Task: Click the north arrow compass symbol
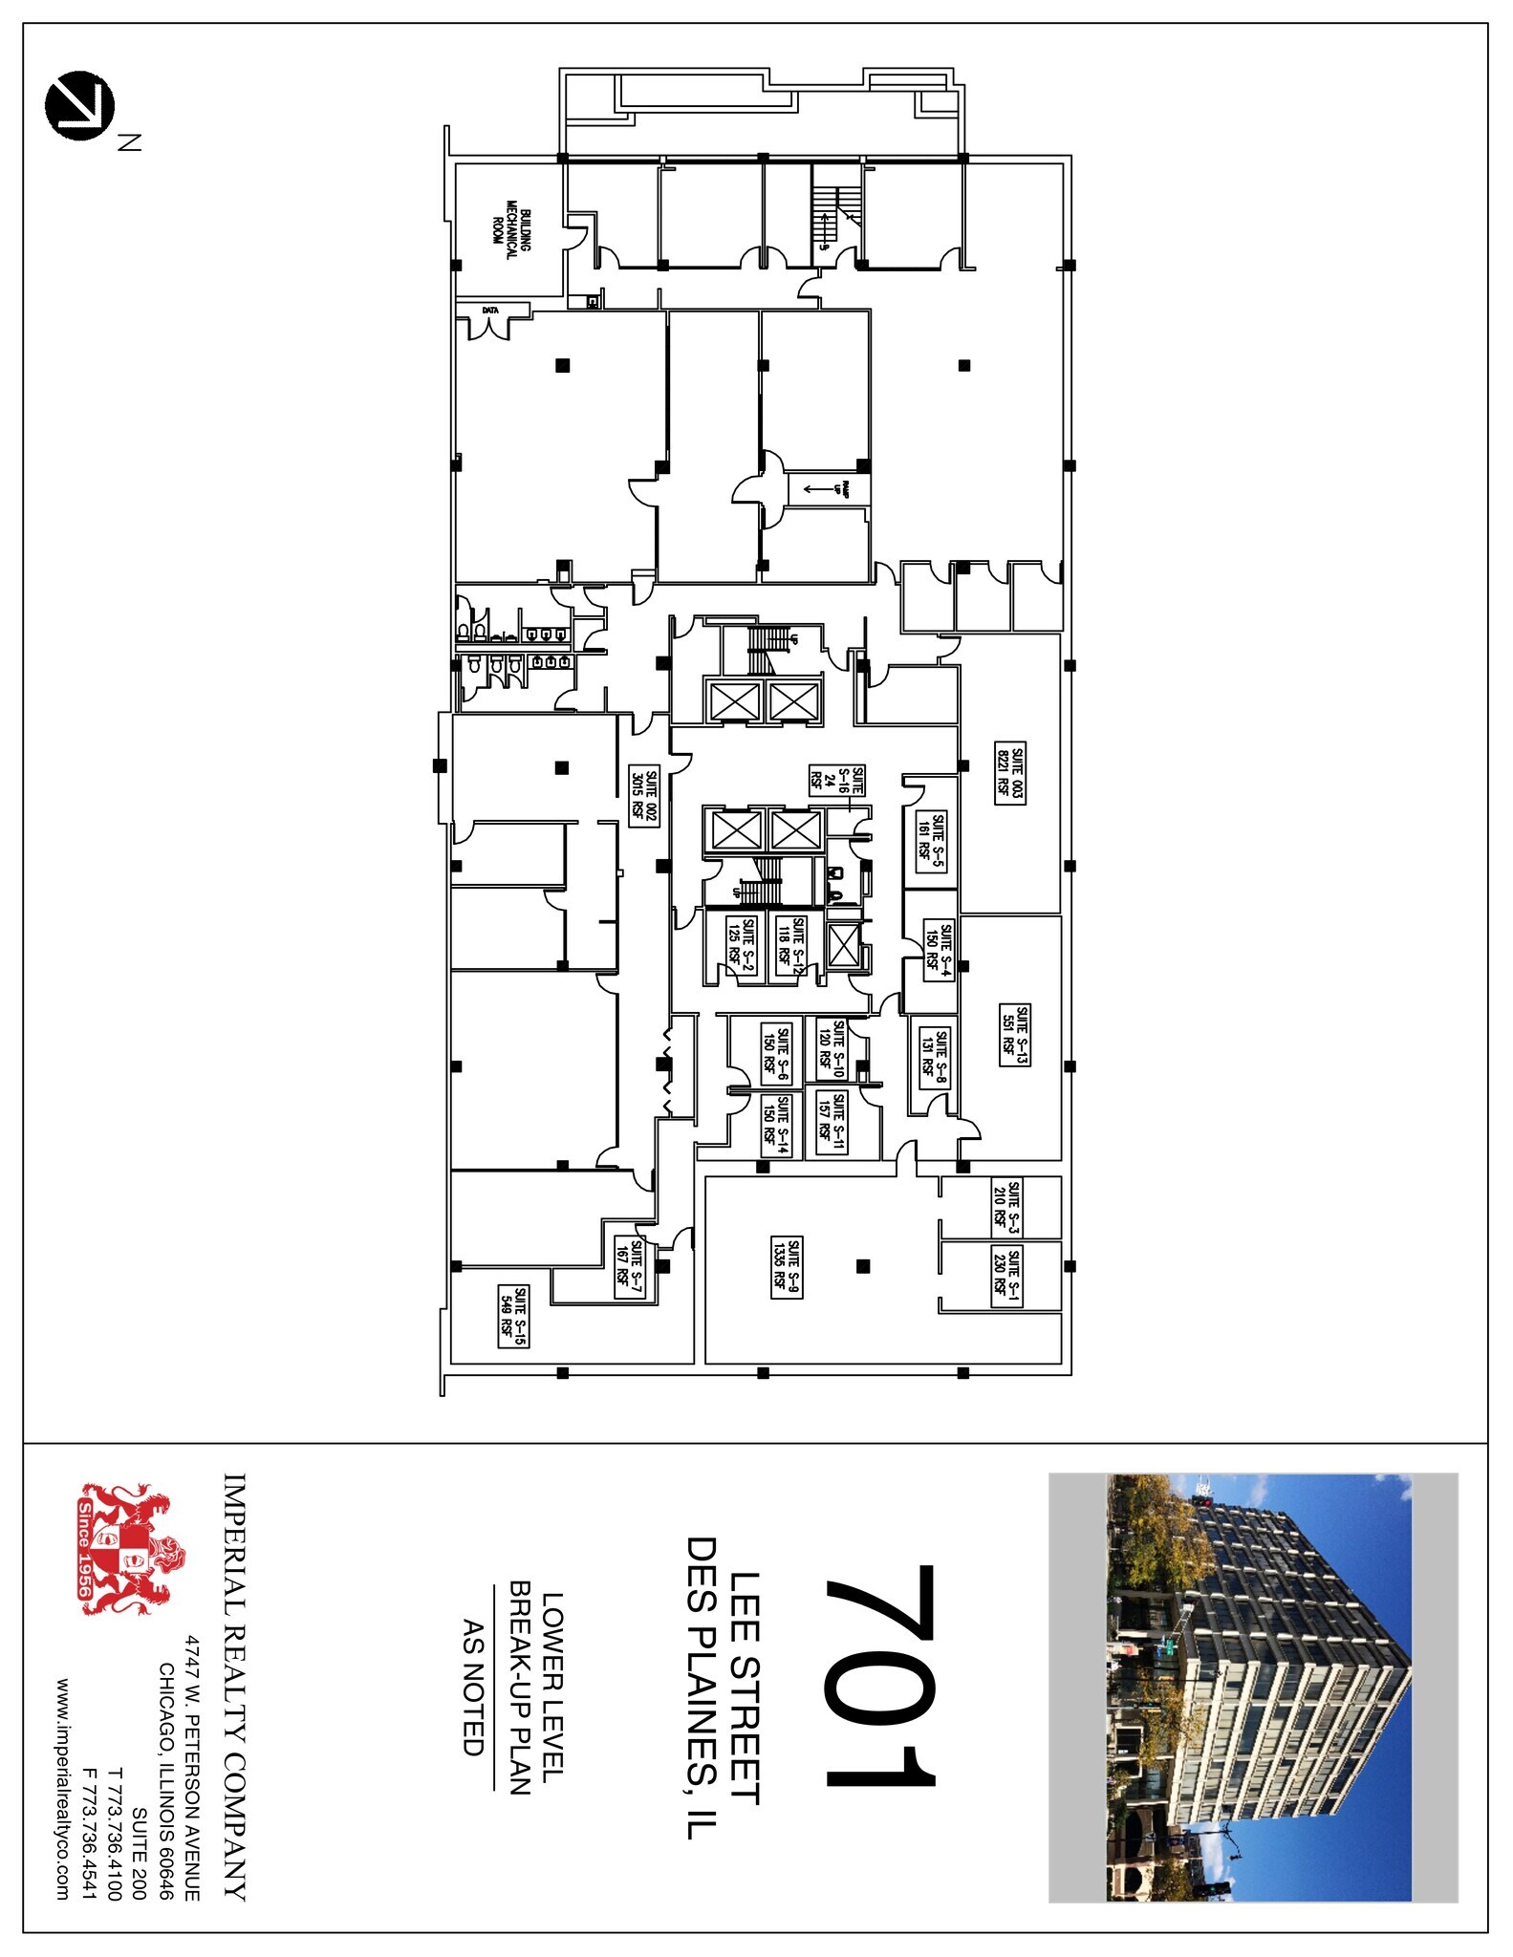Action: point(79,105)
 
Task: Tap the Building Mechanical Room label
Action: point(505,225)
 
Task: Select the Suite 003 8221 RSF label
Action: point(1009,772)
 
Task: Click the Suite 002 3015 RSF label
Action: point(644,796)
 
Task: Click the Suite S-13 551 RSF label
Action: point(1014,1035)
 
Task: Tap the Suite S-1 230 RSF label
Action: point(1007,1275)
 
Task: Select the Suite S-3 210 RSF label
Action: point(1006,1208)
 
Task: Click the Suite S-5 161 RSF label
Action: point(932,838)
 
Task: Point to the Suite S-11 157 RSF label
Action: point(832,1123)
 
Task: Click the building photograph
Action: point(1253,1687)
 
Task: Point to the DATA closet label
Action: point(490,310)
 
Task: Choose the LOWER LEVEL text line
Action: point(552,1687)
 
